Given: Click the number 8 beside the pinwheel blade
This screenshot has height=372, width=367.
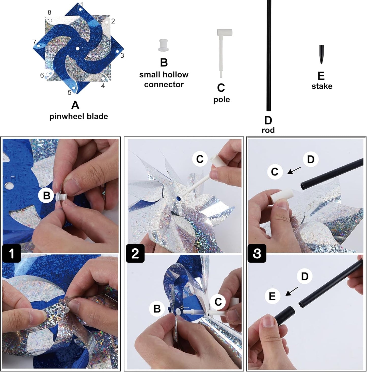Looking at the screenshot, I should [49, 12].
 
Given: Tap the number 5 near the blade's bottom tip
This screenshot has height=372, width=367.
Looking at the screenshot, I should [69, 93].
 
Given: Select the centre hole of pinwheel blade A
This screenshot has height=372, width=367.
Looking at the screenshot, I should [77, 48].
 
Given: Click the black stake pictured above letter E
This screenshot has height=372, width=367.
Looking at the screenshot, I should [322, 54].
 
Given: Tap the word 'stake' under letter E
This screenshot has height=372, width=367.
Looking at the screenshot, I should [322, 86].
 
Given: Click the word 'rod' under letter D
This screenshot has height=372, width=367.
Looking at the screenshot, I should [268, 130].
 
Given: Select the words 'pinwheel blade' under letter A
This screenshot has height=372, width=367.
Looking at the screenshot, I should [78, 117].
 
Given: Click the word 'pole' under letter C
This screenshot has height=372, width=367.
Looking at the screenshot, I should [221, 100].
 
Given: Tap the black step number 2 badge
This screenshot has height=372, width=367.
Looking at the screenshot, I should [135, 253].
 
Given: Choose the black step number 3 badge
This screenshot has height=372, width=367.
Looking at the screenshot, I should [257, 253].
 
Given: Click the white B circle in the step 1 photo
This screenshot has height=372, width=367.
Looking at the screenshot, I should [46, 196].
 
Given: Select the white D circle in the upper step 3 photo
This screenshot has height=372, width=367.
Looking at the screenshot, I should [311, 159].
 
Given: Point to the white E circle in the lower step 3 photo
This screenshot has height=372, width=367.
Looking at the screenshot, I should [272, 296].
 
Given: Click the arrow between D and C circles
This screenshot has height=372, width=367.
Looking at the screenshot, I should [294, 170].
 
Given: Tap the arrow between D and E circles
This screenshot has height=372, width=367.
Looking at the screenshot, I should [292, 291].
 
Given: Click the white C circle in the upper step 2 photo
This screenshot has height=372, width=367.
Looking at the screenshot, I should [200, 159].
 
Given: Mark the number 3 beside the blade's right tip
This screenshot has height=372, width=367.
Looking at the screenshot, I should [122, 55].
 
